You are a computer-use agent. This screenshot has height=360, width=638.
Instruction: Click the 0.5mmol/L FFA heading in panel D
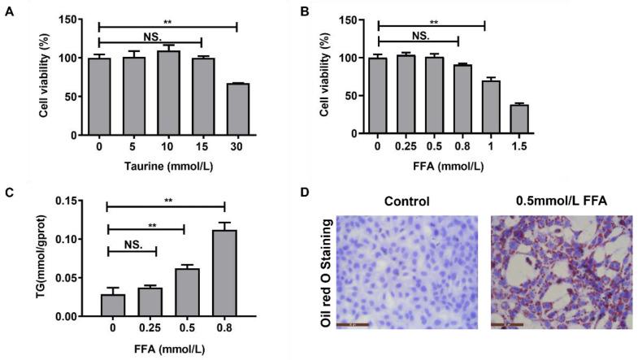563,201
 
